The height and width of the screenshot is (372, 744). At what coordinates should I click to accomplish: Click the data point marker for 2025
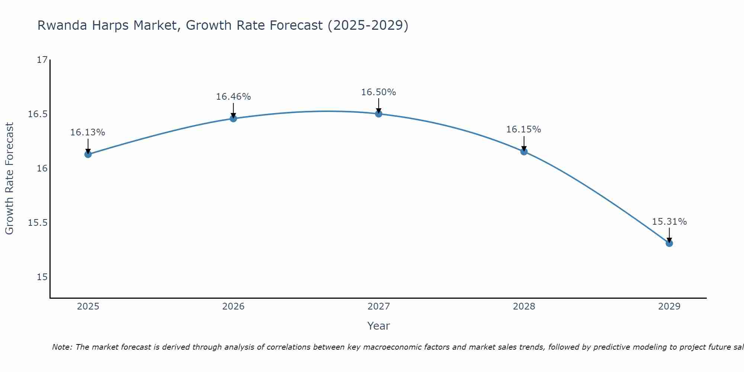point(88,154)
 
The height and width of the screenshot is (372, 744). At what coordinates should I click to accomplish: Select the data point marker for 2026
point(233,118)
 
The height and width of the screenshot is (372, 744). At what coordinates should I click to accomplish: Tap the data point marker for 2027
point(379,114)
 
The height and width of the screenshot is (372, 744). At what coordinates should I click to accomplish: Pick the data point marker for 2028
point(524,151)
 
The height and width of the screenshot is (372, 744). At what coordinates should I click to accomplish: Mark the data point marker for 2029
point(669,243)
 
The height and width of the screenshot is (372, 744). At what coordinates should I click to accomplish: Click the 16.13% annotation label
point(88,132)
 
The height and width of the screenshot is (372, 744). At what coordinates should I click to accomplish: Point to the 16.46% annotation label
point(233,97)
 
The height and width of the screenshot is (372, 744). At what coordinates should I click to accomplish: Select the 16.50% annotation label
point(378,92)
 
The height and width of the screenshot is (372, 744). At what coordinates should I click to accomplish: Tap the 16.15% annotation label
point(523,129)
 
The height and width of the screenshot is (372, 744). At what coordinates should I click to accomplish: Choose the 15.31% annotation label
point(669,222)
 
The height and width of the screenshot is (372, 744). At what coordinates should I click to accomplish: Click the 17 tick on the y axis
point(42,60)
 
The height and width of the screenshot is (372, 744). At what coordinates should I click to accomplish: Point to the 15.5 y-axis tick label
point(38,223)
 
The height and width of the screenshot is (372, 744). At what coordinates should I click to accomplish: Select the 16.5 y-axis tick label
point(38,114)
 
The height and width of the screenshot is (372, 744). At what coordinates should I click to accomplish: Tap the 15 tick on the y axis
point(42,277)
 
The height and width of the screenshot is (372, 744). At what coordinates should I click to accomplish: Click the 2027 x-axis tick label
point(379,307)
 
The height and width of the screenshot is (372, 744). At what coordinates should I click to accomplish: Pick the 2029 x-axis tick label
point(669,307)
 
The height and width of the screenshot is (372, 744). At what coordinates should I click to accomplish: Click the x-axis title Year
point(378,326)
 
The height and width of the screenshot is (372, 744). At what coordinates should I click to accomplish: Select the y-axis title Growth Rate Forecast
point(9,179)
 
